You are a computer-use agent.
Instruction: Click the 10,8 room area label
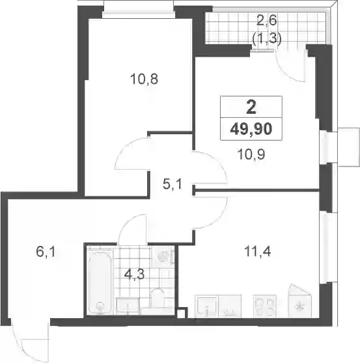coord(144,79)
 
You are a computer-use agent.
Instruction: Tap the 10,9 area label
coord(251,154)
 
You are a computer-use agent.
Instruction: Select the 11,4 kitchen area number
coord(258,251)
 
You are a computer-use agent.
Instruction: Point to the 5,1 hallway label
coord(173,185)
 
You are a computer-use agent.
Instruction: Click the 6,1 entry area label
coord(46,252)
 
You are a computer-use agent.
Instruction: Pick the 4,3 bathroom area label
coord(134,275)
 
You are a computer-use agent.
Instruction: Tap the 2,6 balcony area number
coord(267,20)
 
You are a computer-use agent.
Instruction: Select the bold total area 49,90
coord(251,129)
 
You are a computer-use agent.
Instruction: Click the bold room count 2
coord(251,107)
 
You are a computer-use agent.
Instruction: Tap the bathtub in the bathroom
coord(100,282)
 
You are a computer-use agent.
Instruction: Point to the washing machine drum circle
coord(162,256)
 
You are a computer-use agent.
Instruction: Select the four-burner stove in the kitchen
coord(265,306)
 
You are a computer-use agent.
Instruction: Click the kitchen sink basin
coord(207,306)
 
